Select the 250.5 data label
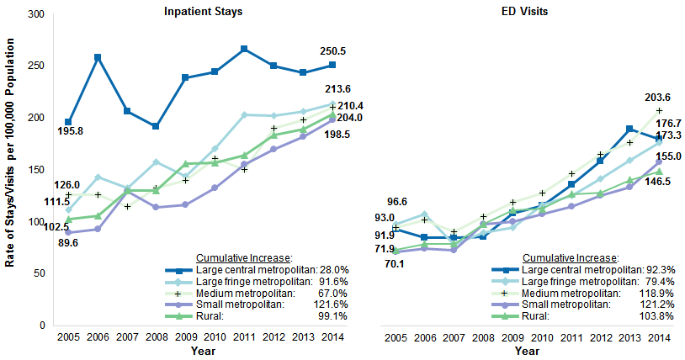tap(333, 51)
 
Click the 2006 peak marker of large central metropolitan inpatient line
tap(98, 57)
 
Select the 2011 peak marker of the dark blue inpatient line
tap(244, 49)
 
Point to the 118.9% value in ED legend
tap(660, 293)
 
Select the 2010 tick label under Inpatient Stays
tap(215, 336)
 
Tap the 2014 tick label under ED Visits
tap(659, 336)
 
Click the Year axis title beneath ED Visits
tap(528, 352)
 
